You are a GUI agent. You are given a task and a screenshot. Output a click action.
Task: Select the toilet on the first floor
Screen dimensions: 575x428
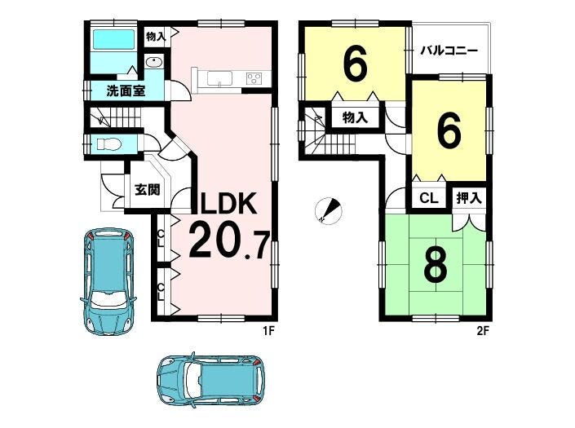tap(109, 145)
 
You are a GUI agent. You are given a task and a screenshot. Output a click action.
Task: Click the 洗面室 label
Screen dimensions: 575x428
tap(126, 90)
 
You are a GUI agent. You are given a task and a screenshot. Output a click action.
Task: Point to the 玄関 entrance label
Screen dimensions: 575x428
tap(147, 189)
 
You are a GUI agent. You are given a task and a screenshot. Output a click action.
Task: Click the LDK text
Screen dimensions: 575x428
tap(228, 203)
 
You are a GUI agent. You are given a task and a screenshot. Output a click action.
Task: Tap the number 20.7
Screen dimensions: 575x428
tap(229, 241)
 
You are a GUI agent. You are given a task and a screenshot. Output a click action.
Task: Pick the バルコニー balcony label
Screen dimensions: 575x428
tap(449, 51)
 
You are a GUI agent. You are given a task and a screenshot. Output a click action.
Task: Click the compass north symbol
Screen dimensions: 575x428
tap(329, 210)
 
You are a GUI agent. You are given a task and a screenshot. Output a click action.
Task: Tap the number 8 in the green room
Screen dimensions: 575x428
tap(436, 264)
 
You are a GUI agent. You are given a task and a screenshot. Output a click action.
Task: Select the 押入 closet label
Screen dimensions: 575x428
tap(469, 199)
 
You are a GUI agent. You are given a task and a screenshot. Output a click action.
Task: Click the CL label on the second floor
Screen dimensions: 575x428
tap(429, 199)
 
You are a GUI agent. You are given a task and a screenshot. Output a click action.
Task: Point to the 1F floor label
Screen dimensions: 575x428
tap(268, 331)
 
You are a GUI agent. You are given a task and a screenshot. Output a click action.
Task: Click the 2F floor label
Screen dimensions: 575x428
tap(483, 331)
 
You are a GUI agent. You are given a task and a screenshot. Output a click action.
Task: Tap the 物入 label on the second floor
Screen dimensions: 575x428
tap(355, 118)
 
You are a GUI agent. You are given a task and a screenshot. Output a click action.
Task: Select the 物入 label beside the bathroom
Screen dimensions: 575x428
tap(156, 36)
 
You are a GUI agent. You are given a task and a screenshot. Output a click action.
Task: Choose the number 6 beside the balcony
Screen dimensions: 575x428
tap(355, 65)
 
